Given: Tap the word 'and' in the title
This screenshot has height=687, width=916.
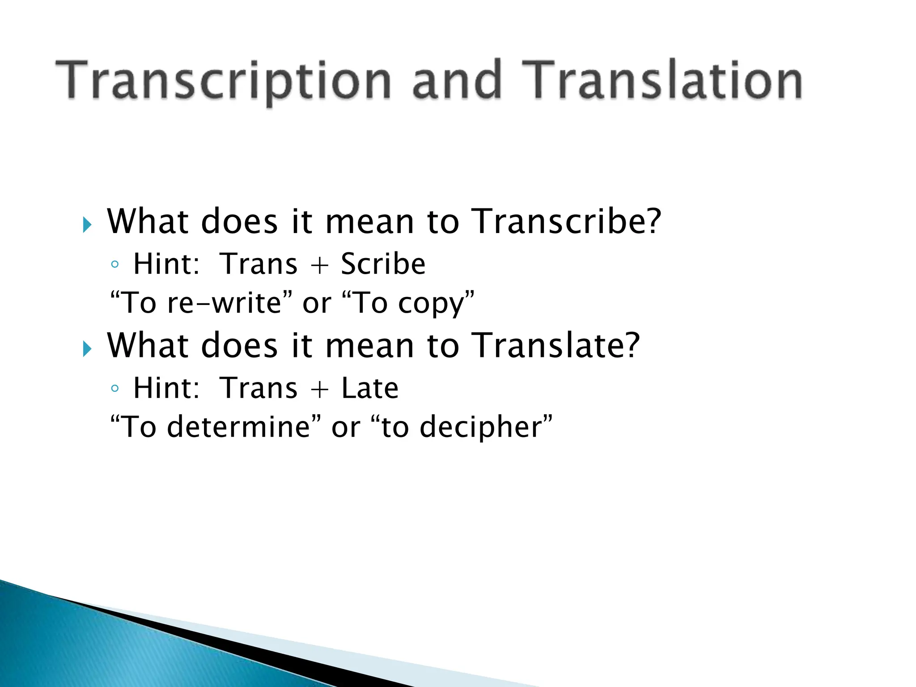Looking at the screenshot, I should [x=456, y=81].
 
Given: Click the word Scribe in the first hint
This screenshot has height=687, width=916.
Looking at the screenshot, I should [x=383, y=264].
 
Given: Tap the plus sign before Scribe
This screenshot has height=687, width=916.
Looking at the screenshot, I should [x=319, y=265].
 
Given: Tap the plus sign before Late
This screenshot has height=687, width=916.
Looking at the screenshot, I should [x=319, y=389].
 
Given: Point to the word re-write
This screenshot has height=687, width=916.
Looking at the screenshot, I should [x=224, y=303].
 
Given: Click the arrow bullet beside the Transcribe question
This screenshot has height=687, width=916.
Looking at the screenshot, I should [x=87, y=225].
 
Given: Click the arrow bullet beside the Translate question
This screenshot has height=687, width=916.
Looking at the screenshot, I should [x=87, y=349].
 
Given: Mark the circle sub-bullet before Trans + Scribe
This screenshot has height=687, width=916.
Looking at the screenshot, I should [x=115, y=264].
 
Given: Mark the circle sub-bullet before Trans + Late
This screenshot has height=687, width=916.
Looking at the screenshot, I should [x=115, y=388].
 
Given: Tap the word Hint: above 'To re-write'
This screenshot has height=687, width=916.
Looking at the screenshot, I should [x=166, y=264].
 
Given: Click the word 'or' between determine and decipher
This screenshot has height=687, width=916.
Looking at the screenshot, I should [x=345, y=428].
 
